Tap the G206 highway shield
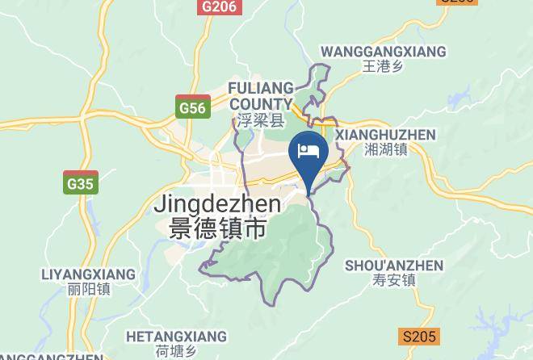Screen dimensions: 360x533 coord(219,6)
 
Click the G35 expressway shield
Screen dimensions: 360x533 coord(81,183)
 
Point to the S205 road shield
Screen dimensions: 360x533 coord(418,337)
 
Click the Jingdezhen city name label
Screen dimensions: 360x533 coord(217,204)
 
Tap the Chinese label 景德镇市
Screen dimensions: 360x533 coord(218,228)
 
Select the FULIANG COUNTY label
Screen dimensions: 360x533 coord(260,95)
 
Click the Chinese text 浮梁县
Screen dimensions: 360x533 coord(261,121)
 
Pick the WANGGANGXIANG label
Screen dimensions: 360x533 coord(383,52)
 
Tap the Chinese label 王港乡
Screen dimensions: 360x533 coord(383,67)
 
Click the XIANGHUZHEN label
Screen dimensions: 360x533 coord(385,134)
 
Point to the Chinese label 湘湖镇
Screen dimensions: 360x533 coord(385,149)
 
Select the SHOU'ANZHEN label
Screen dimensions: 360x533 coord(394,266)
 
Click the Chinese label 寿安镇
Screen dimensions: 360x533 coord(395,281)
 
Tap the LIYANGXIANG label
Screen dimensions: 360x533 coord(88,274)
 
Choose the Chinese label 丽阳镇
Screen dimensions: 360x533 coord(89,289)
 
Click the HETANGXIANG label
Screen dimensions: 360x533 coord(176,336)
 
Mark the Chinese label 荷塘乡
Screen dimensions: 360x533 coord(176,351)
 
